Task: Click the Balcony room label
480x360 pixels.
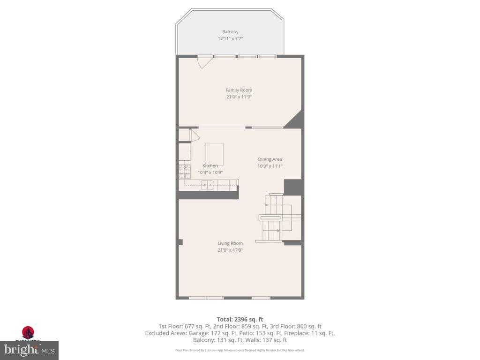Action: point(230,32)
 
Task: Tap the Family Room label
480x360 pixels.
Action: point(239,90)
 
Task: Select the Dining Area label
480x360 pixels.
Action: point(270,159)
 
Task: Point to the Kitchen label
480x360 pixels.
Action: point(210,166)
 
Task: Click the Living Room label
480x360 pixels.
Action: point(230,243)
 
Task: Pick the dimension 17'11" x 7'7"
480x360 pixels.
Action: point(230,39)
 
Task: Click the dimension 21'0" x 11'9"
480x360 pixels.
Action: point(239,97)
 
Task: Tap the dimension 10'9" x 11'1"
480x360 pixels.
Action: point(270,166)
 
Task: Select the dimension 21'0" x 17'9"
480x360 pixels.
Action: point(230,250)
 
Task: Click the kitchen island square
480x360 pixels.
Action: point(214,154)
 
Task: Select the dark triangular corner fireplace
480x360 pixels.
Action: point(295,120)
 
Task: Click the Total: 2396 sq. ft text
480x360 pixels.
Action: point(240,320)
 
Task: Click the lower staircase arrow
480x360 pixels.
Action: point(277,230)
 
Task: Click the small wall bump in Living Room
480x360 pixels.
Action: point(180,242)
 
